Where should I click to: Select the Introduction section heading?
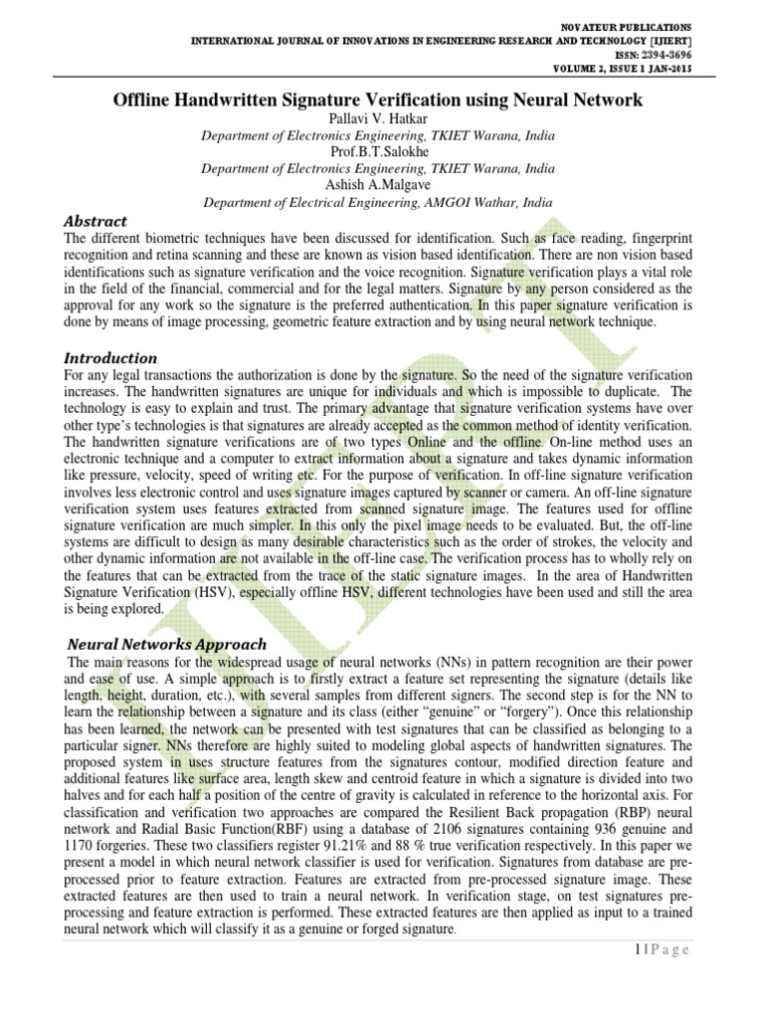[x=109, y=357]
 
